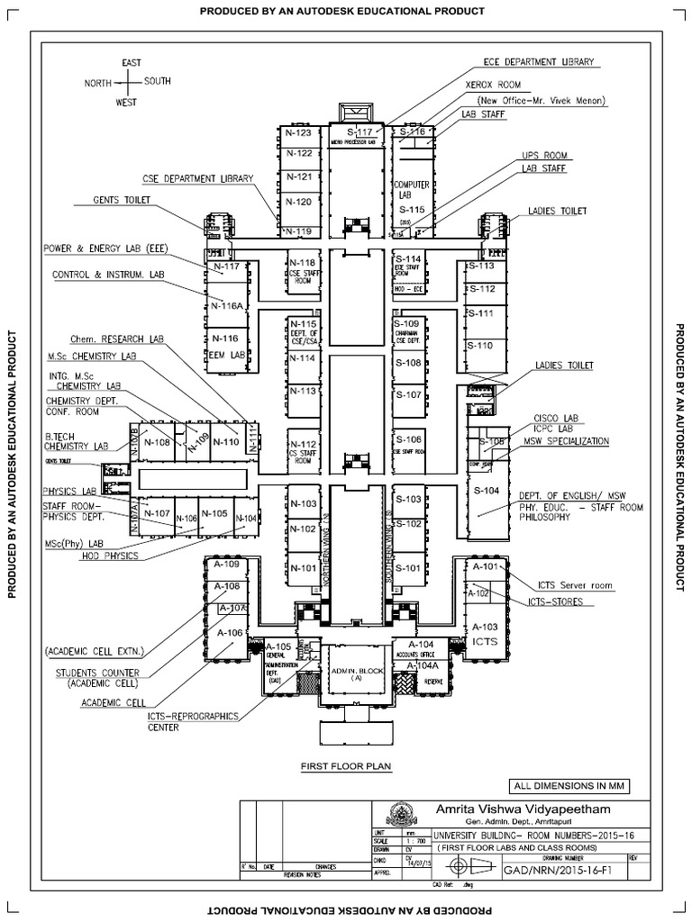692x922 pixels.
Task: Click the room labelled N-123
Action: (x=297, y=133)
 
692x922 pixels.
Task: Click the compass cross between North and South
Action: (x=127, y=82)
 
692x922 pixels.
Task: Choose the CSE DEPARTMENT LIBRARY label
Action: (x=197, y=178)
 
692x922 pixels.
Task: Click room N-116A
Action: (x=227, y=305)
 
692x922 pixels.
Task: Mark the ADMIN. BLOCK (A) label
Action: (x=358, y=675)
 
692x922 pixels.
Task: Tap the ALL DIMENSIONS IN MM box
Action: (x=569, y=785)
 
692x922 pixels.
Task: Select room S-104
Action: (x=486, y=491)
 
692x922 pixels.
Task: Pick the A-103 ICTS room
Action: (x=484, y=632)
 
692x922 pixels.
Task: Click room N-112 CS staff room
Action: (x=303, y=449)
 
